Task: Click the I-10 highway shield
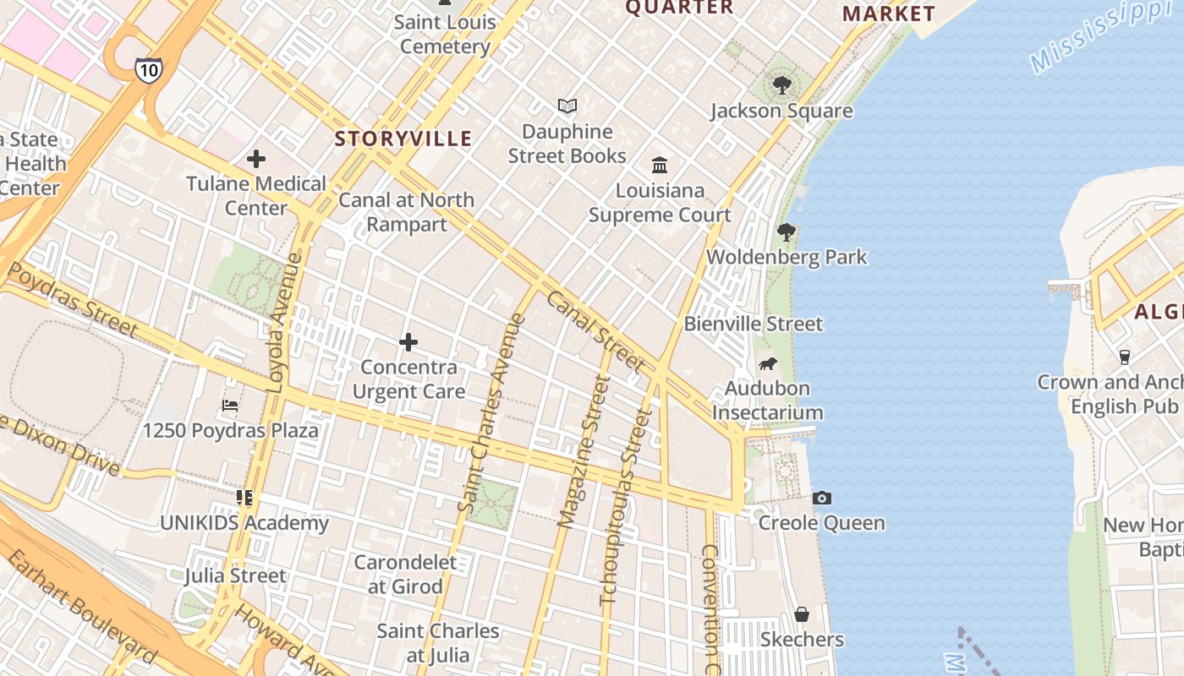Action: pos(148,69)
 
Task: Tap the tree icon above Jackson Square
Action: pos(782,85)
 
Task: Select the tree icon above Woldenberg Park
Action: pos(787,232)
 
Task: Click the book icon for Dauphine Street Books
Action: pos(567,106)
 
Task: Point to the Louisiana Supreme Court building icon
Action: pos(660,165)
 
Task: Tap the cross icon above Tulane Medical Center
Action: pos(256,159)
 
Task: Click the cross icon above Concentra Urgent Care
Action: pos(408,342)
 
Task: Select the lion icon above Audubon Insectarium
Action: pos(767,364)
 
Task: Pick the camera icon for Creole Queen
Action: pos(821,499)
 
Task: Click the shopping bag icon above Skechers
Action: pos(801,614)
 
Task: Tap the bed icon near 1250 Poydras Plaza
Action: pos(230,406)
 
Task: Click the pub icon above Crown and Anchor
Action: pos(1124,357)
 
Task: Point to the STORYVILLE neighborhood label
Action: pos(403,139)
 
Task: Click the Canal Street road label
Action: pos(595,330)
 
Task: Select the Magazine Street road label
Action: pos(584,452)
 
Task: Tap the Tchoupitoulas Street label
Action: pos(626,507)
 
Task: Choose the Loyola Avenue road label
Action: pos(285,322)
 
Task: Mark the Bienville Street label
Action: pos(753,324)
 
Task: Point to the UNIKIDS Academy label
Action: pos(244,523)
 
